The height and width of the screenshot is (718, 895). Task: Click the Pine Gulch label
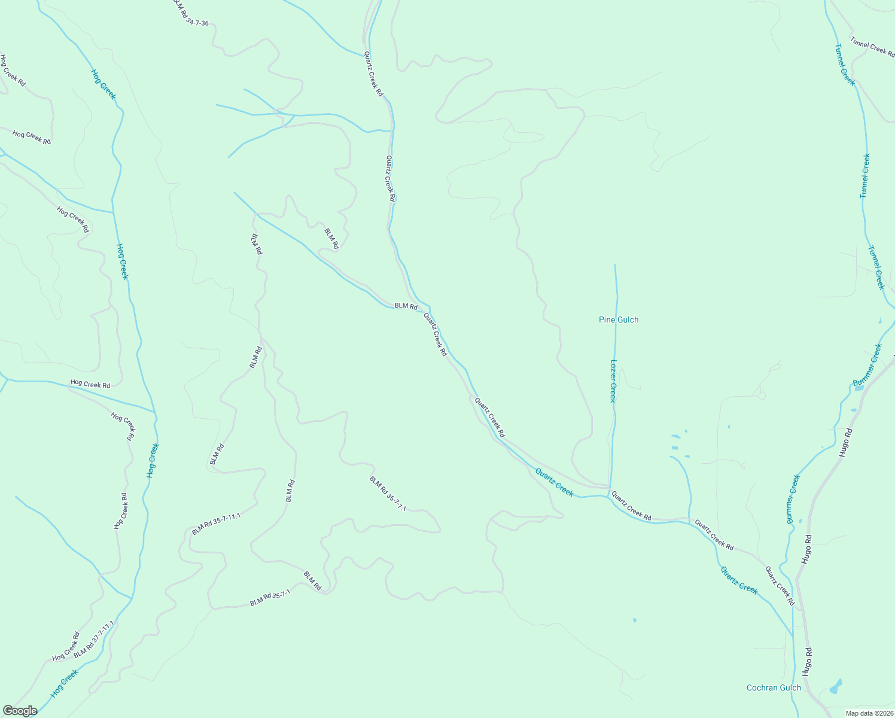point(619,320)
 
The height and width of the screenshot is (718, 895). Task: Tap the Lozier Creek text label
point(613,381)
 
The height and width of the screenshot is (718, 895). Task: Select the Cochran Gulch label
point(774,687)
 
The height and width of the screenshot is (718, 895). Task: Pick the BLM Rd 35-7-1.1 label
point(388,494)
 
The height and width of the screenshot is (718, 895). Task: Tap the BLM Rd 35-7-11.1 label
point(216,524)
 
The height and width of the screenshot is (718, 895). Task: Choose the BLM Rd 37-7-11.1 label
point(94,640)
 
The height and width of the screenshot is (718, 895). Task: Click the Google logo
point(20,711)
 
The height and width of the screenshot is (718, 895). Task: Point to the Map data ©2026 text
point(868,713)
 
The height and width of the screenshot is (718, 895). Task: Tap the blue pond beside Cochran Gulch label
point(835,687)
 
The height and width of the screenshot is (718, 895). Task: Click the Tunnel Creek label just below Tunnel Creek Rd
point(845,65)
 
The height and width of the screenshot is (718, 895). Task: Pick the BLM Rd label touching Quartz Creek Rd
point(406,306)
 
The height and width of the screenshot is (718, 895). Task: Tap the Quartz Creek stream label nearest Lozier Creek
point(554,482)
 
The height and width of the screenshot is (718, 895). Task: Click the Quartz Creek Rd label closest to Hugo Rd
point(780,586)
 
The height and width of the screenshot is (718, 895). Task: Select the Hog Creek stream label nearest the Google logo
point(65,683)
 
